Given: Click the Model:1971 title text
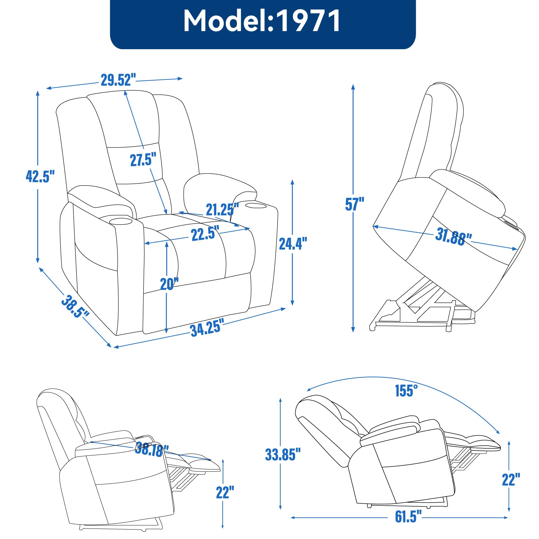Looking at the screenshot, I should (262, 21).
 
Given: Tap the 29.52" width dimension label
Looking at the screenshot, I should (118, 80).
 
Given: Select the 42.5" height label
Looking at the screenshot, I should (40, 176).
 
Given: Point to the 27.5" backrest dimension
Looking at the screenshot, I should (143, 159).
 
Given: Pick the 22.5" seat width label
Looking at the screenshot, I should (205, 233).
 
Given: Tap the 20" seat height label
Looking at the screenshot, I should (169, 284).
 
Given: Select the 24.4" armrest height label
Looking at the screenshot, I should (293, 244).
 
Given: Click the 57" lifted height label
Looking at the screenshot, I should (354, 204).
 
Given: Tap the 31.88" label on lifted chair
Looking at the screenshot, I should (453, 236).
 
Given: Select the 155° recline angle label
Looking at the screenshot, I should (406, 391).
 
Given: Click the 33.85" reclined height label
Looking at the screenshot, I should (282, 454).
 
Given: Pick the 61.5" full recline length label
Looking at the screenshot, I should (408, 516).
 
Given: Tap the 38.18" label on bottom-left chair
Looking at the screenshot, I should (151, 449).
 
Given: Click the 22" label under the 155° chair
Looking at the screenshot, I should (511, 480).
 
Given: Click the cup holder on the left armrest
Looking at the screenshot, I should (120, 221).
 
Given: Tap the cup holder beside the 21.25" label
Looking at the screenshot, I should (255, 205).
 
